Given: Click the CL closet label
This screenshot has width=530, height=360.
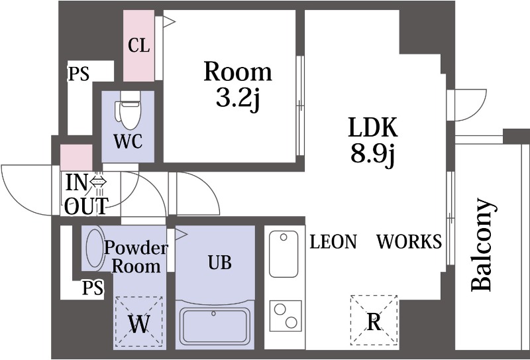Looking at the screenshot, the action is pos(138,45).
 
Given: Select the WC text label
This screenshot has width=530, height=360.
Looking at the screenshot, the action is pos(128,141).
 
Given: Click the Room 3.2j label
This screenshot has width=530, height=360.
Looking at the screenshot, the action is pos(238,84).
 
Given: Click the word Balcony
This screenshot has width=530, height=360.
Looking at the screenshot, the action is pos(483,244).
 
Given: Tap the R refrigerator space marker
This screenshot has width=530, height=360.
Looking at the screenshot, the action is pos(374,320).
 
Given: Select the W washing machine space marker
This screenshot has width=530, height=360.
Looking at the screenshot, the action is pos(139,322).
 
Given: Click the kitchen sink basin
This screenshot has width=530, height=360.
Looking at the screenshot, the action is pos(284,254).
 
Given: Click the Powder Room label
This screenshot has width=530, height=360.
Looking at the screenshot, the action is pos(136,257).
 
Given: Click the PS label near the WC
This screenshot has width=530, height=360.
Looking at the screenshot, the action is pos(79,74).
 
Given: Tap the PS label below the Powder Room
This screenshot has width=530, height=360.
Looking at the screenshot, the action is pos(93,288).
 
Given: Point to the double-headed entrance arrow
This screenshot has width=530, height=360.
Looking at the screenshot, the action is pos(98,182).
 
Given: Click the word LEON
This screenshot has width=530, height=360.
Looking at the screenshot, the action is pos(333,242).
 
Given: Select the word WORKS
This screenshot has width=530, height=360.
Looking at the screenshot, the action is pos(409,241).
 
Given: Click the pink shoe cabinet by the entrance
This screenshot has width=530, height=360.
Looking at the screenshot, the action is pos(76,158).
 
